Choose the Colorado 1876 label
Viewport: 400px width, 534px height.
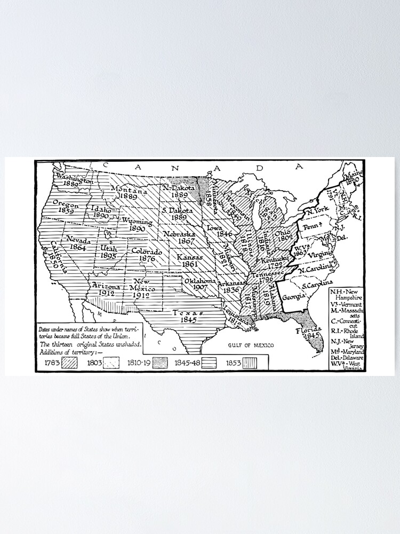146,255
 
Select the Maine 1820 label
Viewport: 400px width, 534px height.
352,177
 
